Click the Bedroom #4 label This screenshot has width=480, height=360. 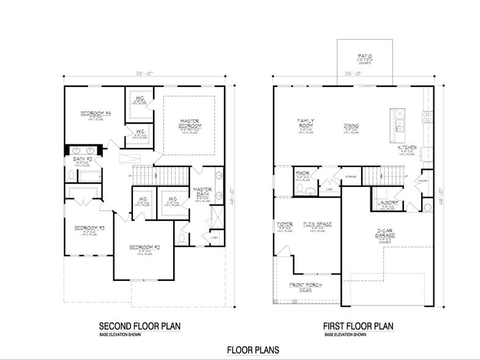pos(94,113)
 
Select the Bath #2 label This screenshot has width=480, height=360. pos(81,159)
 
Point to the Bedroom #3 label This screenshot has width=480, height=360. pos(89,228)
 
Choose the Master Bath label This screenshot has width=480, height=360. pos(202,192)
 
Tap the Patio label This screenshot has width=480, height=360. pos(366,57)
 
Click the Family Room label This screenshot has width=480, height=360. pos(306,124)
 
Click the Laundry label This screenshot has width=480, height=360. pos(388,203)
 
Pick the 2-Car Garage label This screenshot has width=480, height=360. pos(384,234)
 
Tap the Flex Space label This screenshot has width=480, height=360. pos(317,225)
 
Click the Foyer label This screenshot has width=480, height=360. pos(285,225)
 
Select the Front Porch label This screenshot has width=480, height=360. pos(306,285)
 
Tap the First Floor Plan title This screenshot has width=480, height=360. pos(358,326)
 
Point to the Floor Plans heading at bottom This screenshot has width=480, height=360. pos(253,350)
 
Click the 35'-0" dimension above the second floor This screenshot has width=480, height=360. pos(144,73)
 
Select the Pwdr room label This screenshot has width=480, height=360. pos(301,173)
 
